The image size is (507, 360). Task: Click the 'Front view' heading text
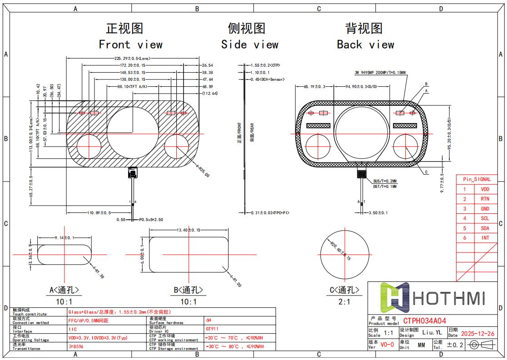pyautogui.click(x=130, y=44)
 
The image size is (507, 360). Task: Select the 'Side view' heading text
pyautogui.click(x=249, y=44)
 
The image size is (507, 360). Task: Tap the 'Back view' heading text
pyautogui.click(x=365, y=44)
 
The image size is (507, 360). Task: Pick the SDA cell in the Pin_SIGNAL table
pyautogui.click(x=485, y=228)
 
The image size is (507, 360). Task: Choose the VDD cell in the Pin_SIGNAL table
pyautogui.click(x=485, y=189)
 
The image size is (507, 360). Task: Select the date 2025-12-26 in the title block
pyautogui.click(x=477, y=334)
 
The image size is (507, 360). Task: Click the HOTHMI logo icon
pyautogui.click(x=395, y=298)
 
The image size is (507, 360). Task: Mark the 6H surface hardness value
pyautogui.click(x=209, y=320)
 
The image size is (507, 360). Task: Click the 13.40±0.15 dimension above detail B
pyautogui.click(x=189, y=230)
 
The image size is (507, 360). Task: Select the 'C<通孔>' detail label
pyautogui.click(x=344, y=290)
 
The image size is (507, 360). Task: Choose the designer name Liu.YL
pyautogui.click(x=432, y=332)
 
